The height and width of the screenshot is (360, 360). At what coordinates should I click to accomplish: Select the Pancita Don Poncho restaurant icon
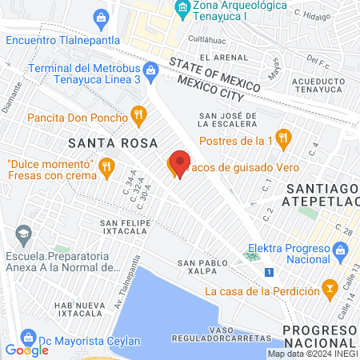tap(139, 117)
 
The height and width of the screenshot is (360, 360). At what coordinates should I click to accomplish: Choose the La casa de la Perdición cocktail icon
tap(327, 286)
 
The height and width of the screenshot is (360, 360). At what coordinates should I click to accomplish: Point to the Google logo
tap(26, 350)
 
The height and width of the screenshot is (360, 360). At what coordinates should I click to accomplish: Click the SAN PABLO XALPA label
tap(198, 267)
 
